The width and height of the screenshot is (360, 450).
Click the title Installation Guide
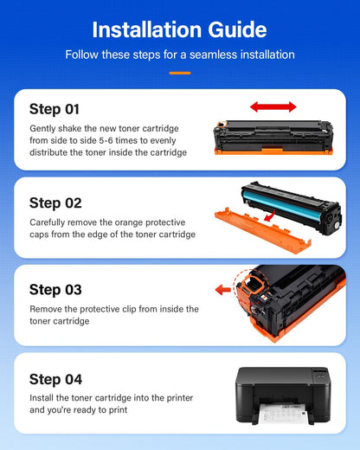179,29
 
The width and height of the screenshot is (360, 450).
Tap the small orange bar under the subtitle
180,73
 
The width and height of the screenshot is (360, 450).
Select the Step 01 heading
55,110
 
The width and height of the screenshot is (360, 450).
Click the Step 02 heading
55,203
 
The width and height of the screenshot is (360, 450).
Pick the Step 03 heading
55,290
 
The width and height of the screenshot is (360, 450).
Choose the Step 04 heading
55,380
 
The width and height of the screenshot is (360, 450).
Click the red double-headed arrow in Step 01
273,107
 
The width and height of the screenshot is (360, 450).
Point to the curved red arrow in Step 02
270,216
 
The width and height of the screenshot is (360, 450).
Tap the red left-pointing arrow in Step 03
223,289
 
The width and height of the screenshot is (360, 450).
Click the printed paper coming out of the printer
282,413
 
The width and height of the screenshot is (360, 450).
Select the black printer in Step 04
283,395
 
